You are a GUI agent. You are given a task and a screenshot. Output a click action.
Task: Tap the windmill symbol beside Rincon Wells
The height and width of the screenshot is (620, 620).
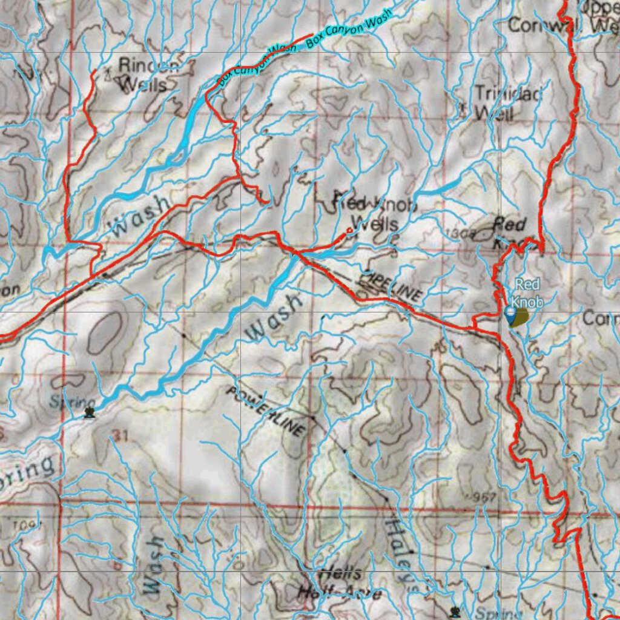point(108,71)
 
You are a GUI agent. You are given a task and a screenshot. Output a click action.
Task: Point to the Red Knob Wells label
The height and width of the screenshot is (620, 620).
point(376,214)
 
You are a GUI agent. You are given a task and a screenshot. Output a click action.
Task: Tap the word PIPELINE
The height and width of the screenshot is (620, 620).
point(391,285)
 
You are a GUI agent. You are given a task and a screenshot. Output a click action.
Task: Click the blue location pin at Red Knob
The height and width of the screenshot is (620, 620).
point(510,314)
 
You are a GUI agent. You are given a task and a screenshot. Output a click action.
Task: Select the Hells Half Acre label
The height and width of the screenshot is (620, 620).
point(339,583)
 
